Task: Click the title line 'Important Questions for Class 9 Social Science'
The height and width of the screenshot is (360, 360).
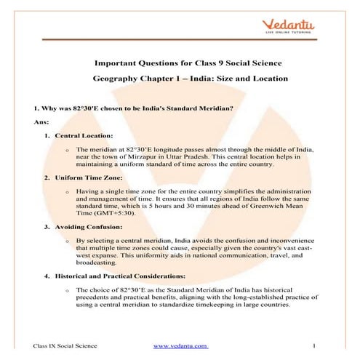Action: click(x=180, y=63)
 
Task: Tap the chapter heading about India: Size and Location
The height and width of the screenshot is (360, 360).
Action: click(x=180, y=77)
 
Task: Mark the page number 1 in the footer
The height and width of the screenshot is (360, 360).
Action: click(x=311, y=345)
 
